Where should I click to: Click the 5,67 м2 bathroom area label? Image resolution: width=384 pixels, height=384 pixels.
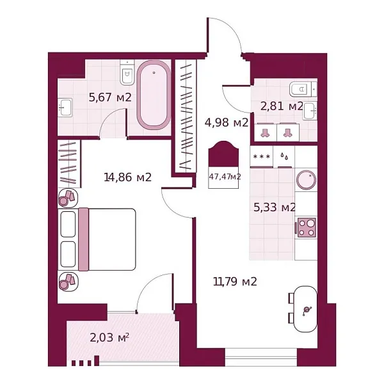109,98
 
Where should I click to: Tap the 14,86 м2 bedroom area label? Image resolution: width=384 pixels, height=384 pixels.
127,177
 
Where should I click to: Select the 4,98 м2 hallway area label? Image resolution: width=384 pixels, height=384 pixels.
225,122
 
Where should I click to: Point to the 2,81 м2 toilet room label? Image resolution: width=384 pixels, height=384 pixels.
282,106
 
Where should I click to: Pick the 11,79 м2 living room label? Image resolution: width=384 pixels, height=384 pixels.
235,281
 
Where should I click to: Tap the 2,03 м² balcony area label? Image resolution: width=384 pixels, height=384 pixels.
109,338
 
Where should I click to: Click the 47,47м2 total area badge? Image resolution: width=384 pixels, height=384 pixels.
225,177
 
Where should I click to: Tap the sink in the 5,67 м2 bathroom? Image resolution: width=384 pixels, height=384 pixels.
66,108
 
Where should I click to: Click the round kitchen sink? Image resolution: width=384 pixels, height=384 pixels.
307,180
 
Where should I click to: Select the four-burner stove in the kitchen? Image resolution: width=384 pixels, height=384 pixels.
306,227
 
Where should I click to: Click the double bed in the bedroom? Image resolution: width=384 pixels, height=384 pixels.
106,239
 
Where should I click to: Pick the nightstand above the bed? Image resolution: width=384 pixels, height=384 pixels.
67,198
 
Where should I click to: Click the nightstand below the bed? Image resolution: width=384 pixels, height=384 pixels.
67,280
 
